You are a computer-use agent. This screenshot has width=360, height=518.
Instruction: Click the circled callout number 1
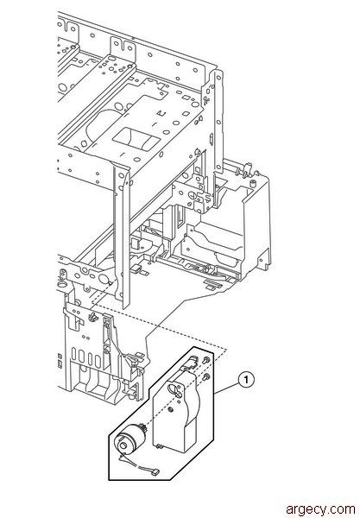point(246,380)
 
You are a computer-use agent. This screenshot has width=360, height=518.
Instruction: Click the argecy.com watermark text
point(320,509)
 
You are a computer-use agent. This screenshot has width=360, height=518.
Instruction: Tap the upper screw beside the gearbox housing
point(206,360)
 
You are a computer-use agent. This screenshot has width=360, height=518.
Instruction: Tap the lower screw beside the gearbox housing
point(206,377)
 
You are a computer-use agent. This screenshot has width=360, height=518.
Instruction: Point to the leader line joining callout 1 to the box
point(227,387)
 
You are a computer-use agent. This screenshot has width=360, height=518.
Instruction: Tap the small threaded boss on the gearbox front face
point(170,409)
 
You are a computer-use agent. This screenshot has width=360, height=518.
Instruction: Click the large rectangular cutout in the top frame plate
point(136,137)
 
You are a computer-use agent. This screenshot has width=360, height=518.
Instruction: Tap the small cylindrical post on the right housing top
point(253,182)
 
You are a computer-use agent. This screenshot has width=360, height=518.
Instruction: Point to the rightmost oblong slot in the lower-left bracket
point(98,361)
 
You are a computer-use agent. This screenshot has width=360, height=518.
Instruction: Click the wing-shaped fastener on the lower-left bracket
point(93,317)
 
